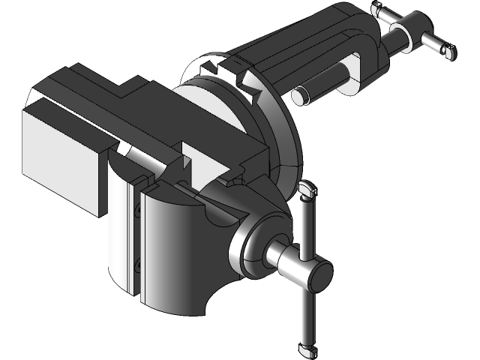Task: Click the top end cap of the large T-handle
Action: tap(306, 190)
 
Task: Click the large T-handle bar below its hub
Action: tap(308, 315)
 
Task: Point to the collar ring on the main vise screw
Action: tap(247, 244)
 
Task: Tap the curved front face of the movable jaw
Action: tap(169, 247)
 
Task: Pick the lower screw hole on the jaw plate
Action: tap(138, 264)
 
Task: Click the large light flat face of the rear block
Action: tap(60, 157)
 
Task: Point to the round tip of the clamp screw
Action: tap(299, 95)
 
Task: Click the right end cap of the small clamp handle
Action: tap(449, 52)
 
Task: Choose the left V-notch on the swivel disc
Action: tap(211, 70)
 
